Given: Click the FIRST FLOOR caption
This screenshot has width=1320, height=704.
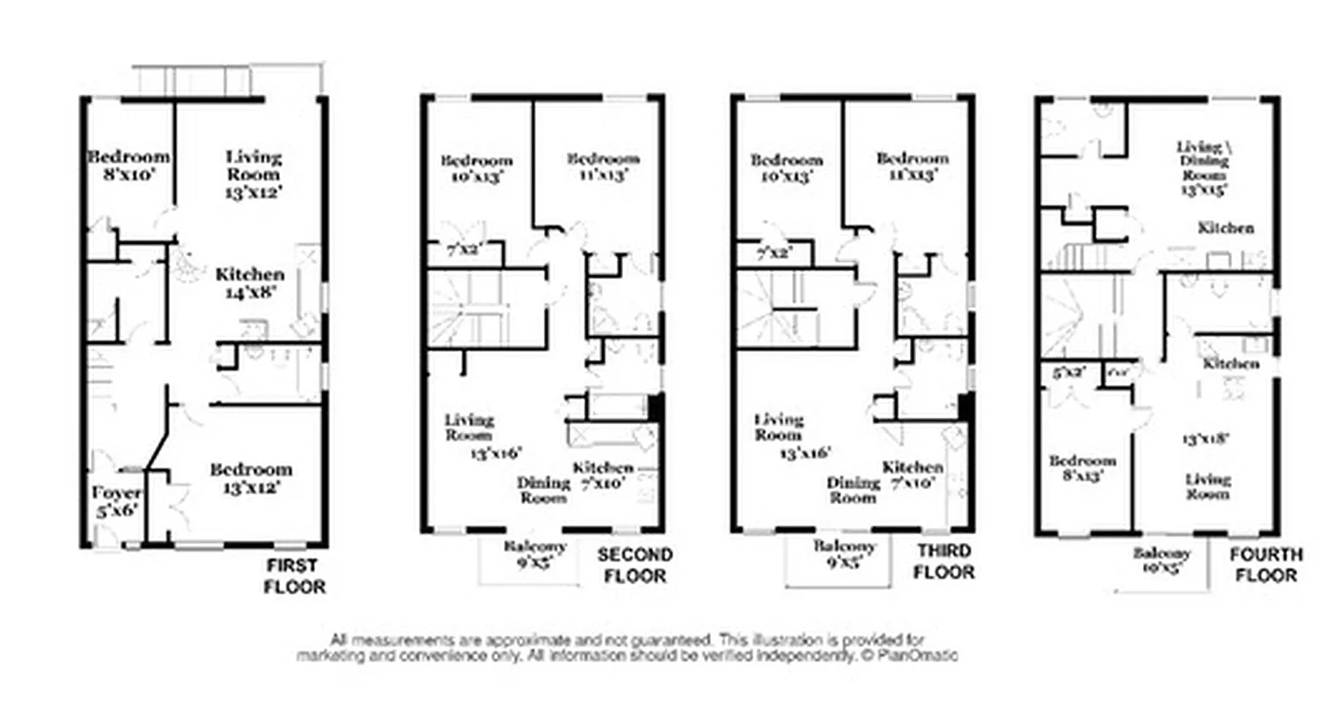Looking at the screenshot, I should click(x=294, y=576).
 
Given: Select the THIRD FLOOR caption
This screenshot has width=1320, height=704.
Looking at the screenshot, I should click(x=944, y=562).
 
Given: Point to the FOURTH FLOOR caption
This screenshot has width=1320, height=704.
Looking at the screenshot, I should click(x=1265, y=564).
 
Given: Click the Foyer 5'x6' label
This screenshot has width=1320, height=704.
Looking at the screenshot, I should click(x=116, y=501).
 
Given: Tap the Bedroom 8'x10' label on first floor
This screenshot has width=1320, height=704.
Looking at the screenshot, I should click(x=128, y=165).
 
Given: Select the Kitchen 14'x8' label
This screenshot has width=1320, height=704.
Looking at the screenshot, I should click(x=250, y=284).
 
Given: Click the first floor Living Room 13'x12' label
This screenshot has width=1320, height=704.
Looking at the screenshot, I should click(x=254, y=173).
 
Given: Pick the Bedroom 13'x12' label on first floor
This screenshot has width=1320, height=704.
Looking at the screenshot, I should click(x=250, y=478).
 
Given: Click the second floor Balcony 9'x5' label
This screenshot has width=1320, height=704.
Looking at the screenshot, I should click(x=535, y=554).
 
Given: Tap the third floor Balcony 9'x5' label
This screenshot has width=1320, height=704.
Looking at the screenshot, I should click(x=845, y=554).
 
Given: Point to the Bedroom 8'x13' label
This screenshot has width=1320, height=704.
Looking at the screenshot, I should click(x=1082, y=469).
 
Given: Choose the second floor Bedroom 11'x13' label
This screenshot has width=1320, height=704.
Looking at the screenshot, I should click(x=603, y=166).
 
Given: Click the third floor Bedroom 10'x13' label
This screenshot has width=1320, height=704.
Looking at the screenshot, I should click(x=786, y=167).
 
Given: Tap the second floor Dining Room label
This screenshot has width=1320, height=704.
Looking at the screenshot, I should click(x=543, y=489).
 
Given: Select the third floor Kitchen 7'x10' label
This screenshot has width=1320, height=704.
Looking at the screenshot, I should click(x=913, y=475).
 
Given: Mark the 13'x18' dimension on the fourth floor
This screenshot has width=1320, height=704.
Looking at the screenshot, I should click(x=1205, y=437).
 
